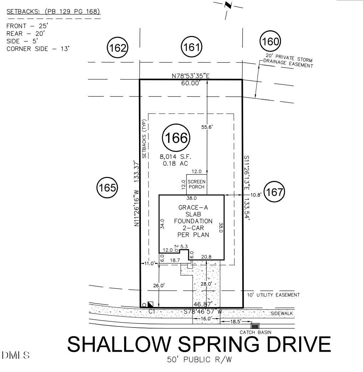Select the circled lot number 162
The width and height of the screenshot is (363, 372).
(x=118, y=48)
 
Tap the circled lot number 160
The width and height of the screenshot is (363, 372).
(x=270, y=42)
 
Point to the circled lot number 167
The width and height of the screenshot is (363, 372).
(x=274, y=192)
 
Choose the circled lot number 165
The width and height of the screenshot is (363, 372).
(x=107, y=188)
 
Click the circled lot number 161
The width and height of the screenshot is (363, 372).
(x=191, y=47)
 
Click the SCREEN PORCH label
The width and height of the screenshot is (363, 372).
(x=196, y=184)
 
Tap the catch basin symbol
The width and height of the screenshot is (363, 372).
(x=255, y=326)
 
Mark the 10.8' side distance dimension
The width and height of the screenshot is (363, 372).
(x=256, y=195)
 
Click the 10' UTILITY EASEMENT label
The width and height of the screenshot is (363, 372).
(x=273, y=295)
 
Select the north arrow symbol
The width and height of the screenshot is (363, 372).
(x=227, y=6)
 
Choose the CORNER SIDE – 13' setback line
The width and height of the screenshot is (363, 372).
(x=37, y=48)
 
